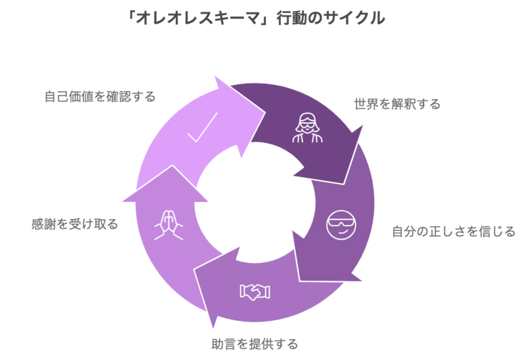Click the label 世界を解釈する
397,104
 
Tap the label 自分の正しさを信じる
453,231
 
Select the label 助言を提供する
255,344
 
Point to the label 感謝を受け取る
75,224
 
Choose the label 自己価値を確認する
100,97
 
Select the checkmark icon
202,128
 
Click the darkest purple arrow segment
308,131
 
